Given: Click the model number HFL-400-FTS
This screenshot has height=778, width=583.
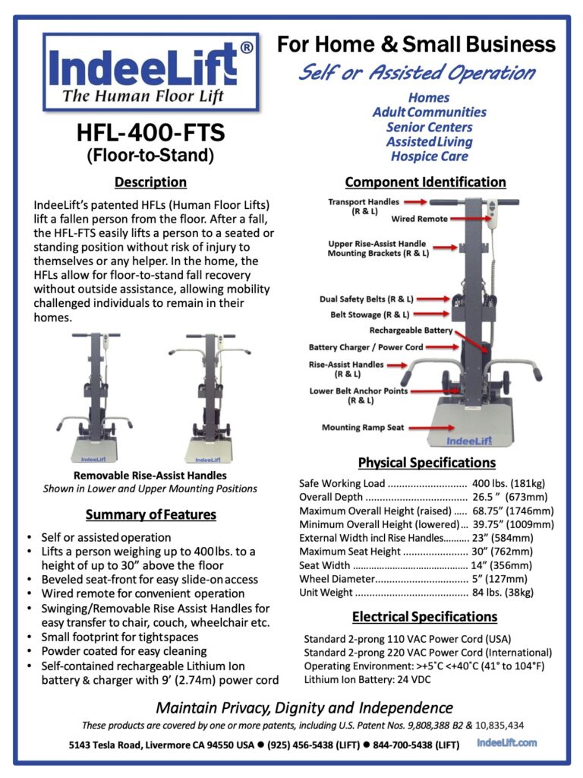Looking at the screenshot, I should pos(150,134).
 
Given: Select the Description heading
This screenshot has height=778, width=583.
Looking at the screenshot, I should pos(150,182).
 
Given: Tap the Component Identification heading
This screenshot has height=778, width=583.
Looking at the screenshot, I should pos(425,182).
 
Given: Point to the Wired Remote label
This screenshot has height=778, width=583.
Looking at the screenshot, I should pos(419,219).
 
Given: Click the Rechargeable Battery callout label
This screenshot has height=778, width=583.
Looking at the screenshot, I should pos(411,330).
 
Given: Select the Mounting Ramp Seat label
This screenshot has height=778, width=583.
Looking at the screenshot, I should pos(363,428).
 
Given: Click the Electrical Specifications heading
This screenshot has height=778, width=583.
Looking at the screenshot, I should pos(425,617).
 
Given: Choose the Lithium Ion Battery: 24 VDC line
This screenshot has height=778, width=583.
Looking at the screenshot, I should pos(362,680).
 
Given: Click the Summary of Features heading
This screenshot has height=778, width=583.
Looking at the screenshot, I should pos(150,515).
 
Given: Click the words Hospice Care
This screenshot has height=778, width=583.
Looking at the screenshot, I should pos(429,157).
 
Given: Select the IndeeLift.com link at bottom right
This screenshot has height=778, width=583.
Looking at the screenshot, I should pos(507,742).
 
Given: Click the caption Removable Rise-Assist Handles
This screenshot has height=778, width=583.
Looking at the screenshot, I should pos(150,475).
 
